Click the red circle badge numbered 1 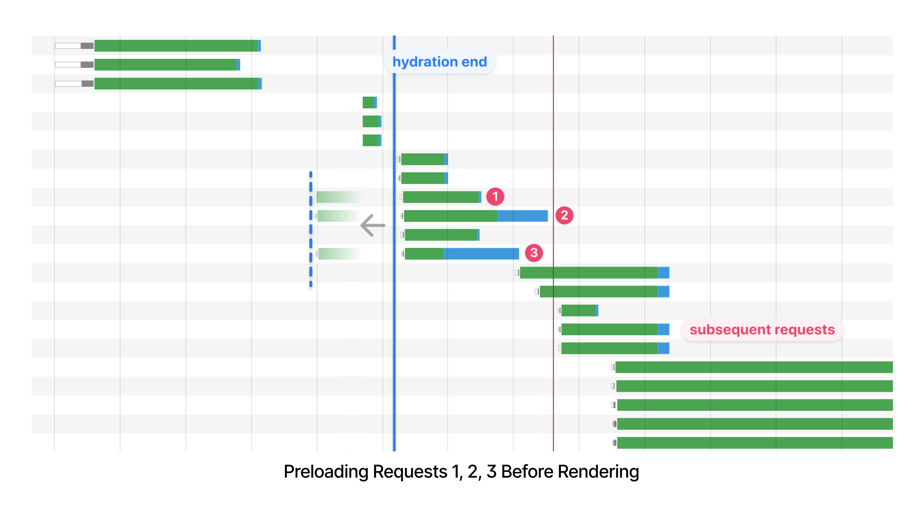coord(495,196)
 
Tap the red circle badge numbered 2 coord(564,215)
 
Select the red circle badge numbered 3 coord(534,253)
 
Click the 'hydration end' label coord(440,62)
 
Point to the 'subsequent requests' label coord(762,330)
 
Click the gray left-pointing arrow coord(373,225)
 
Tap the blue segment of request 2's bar coord(522,216)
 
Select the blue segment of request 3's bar coord(481,253)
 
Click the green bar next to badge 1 coord(441,197)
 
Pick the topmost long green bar coord(176,45)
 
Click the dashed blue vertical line coord(311,230)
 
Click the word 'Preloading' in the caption coord(325,471)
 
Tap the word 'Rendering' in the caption coord(598,471)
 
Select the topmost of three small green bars coord(368,102)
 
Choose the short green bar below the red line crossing coord(578,310)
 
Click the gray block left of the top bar coord(87,45)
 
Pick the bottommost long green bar coord(755,443)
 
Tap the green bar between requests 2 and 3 coord(441,235)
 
